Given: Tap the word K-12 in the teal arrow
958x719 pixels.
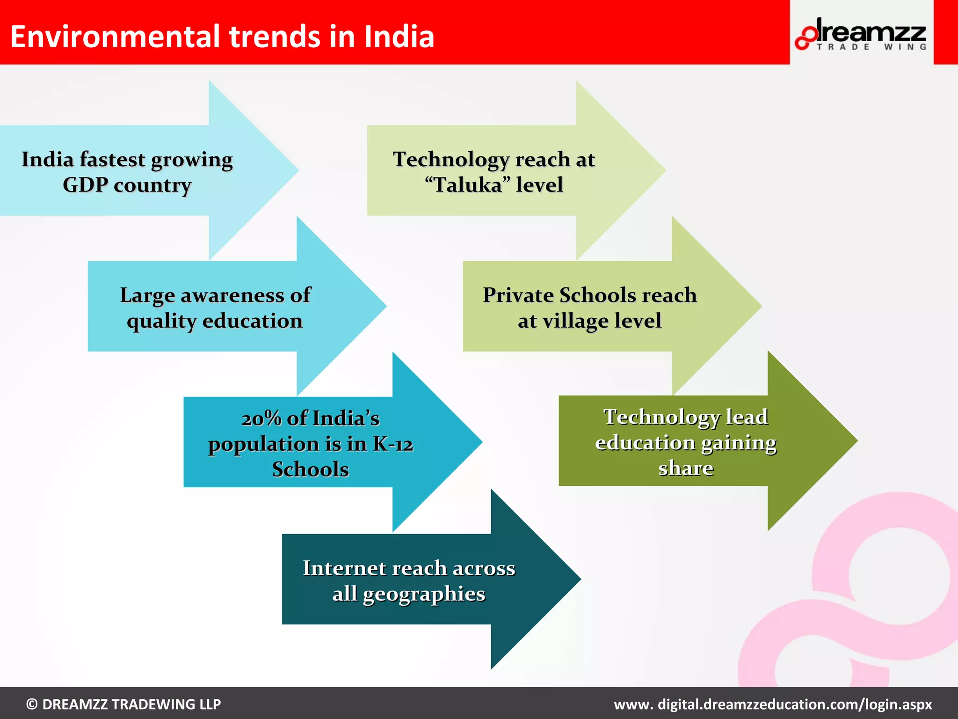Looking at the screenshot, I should click(x=393, y=444).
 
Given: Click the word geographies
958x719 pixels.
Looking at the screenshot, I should click(x=424, y=594).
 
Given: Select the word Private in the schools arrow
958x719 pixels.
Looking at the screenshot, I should click(x=518, y=295).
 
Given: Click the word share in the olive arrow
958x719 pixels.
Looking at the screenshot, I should click(x=686, y=468).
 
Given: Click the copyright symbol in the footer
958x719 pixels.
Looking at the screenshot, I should click(x=32, y=704).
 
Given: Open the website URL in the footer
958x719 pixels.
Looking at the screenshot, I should click(x=773, y=704).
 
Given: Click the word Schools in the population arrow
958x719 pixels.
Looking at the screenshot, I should click(x=311, y=470).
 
